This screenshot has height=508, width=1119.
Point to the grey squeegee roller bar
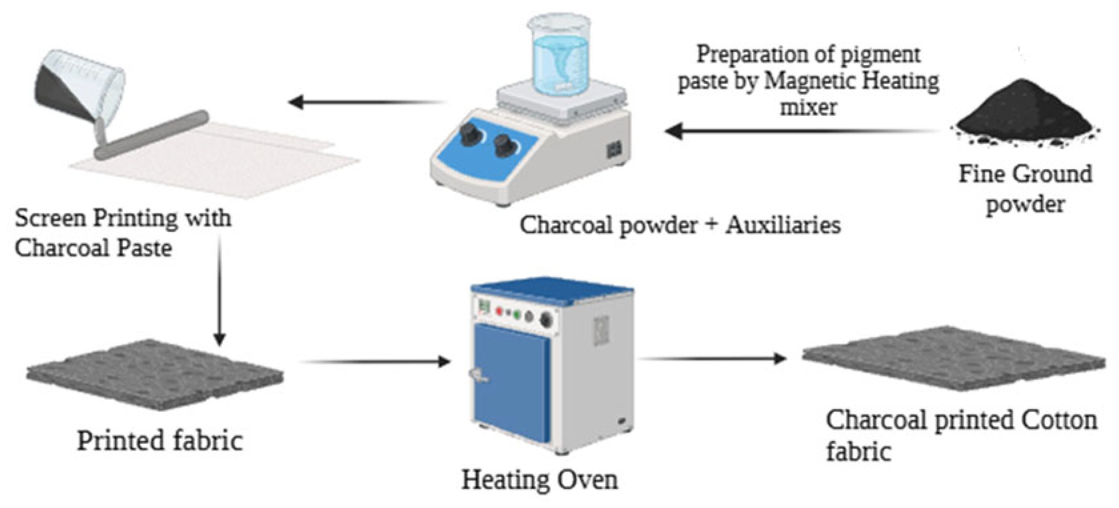pyautogui.click(x=152, y=135)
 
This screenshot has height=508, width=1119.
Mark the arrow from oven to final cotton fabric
pyautogui.click(x=712, y=359)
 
